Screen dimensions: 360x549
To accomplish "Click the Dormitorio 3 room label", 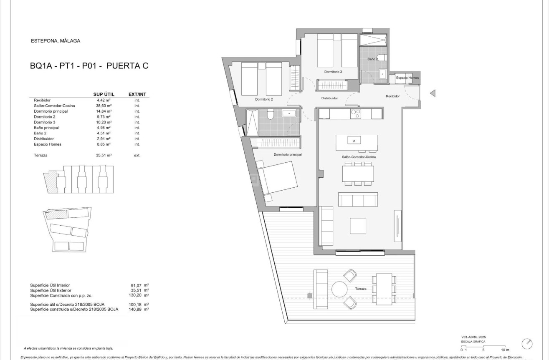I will [333, 72].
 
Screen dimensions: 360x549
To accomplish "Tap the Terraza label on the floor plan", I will [361, 289].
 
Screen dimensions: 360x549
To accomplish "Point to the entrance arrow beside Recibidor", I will [433, 93].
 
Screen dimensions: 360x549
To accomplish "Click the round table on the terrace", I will [339, 289].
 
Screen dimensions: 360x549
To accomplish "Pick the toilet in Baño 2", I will [381, 58].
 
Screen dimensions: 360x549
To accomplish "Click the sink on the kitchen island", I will [354, 141].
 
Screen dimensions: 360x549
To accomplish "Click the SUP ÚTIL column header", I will [104, 94].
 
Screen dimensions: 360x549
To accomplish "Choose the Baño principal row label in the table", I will [46, 128].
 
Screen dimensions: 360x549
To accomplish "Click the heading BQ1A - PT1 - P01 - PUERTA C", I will [89, 65].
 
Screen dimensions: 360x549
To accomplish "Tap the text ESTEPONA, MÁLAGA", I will [56, 41].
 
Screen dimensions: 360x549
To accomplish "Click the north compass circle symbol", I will [527, 344].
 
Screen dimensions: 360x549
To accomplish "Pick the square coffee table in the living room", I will [358, 226].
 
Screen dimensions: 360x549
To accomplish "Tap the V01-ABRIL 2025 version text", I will [473, 337].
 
